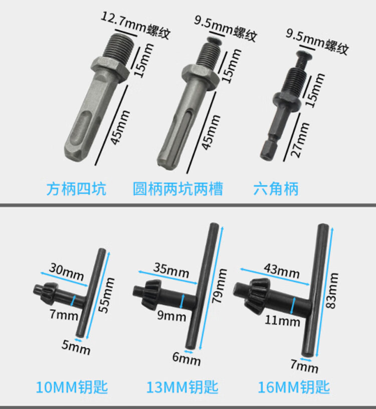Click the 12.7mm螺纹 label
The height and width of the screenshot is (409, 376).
136,26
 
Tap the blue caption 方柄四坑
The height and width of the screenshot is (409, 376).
76,189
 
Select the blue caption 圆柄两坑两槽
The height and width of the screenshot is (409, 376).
178,189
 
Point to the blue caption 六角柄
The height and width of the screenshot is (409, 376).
276,189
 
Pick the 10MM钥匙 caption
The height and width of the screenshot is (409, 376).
72,387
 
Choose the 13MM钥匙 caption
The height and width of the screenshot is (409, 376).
182,387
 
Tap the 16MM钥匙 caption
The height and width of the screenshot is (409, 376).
294,387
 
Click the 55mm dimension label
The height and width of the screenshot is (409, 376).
106,295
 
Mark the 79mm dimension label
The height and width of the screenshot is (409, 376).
219,286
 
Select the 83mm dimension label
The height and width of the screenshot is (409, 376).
332,291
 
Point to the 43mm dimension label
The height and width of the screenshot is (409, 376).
282,271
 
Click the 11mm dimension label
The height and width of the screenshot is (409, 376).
282,321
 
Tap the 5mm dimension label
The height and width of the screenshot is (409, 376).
76,347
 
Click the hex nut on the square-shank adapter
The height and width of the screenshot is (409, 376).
110,70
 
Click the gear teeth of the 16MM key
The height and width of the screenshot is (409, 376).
254,295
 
